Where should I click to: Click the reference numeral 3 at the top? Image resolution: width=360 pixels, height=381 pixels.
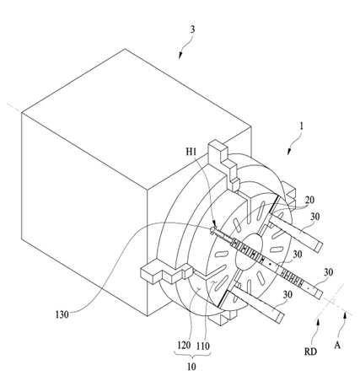coord(192,30)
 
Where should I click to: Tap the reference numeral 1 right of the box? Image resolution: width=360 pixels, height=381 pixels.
coord(302,126)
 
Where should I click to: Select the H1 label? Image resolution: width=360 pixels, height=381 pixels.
coord(191,152)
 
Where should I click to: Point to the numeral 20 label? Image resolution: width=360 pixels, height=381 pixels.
coord(309,201)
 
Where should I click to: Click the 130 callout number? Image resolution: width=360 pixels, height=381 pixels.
coord(62,314)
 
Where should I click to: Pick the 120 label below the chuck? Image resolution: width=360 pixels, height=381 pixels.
coord(184,345)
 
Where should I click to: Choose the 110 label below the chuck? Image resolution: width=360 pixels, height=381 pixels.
coord(203,346)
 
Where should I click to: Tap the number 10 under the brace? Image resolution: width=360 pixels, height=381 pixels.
coord(191,367)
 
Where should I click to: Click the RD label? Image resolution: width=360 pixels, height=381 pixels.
coord(310,351)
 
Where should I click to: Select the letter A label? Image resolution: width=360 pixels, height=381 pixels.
coord(337,345)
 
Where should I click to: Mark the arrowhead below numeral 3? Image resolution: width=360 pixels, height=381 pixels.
coord(180,56)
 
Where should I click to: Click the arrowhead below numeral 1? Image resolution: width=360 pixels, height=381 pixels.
coord(289,152)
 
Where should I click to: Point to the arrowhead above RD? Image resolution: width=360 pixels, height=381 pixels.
coord(318,322)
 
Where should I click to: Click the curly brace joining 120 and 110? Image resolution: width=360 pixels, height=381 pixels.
coord(193,355)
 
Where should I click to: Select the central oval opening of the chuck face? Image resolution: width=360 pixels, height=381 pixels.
coord(250,252)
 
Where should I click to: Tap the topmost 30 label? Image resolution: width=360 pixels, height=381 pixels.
coord(315,217)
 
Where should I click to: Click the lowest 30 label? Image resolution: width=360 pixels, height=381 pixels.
coord(287,295)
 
